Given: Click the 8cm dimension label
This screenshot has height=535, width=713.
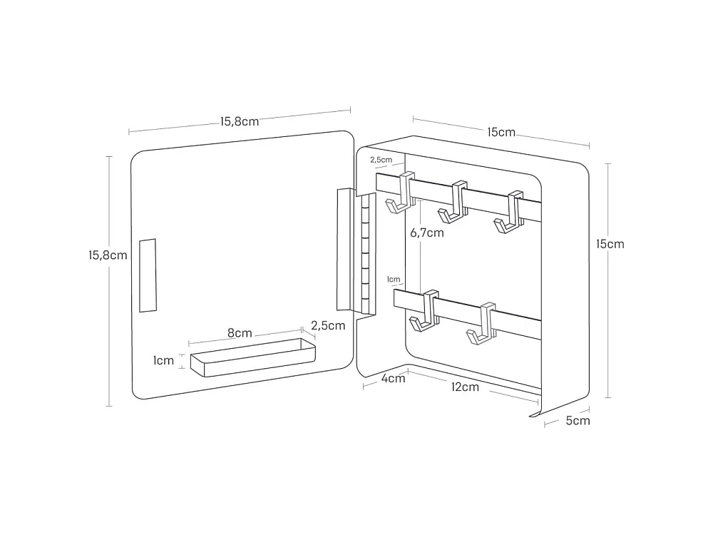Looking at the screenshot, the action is (x=240, y=332).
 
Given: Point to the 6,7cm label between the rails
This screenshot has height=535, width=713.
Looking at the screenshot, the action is (x=427, y=233).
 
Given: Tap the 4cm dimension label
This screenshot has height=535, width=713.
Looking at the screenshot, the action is (x=393, y=378).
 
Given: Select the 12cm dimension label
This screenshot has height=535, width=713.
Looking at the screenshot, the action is (x=465, y=387).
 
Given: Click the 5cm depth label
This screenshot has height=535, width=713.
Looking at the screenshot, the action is (x=578, y=420).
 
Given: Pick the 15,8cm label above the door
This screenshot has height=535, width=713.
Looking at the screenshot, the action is (x=240, y=121).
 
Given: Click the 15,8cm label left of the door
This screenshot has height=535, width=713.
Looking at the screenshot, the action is (x=108, y=255).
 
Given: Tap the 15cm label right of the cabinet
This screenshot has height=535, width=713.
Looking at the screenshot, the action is (x=610, y=244).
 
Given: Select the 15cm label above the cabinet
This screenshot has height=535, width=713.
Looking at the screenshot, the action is (x=501, y=133).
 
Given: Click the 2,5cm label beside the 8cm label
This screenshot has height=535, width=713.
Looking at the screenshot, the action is (x=328, y=326).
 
